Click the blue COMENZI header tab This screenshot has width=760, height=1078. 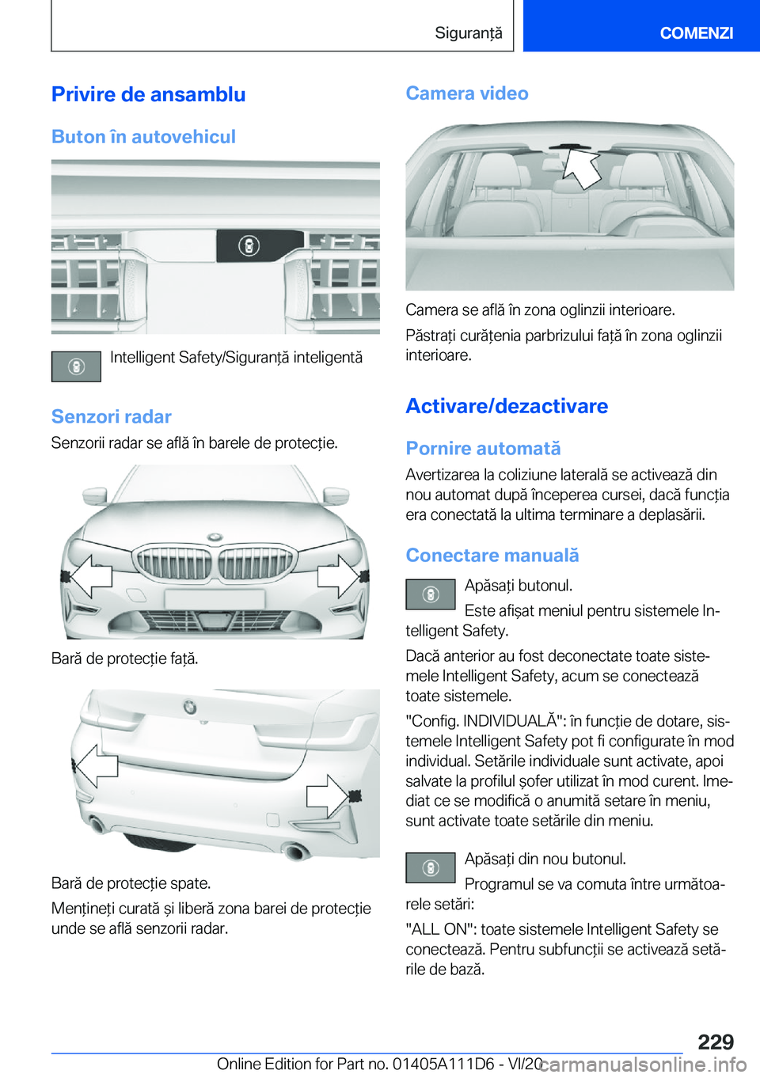696,32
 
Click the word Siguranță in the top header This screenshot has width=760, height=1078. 468,32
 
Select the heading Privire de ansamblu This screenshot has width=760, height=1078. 148,94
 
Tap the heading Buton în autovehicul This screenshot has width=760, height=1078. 143,137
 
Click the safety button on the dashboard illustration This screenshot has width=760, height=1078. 249,246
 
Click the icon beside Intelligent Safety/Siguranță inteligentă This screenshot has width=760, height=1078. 76,366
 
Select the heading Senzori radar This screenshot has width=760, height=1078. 111,416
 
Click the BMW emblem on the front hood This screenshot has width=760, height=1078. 214,537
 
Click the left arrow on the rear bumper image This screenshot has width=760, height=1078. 96,765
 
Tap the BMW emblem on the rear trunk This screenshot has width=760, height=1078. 190,706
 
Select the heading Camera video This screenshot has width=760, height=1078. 467,93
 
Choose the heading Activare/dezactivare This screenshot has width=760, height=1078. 507,406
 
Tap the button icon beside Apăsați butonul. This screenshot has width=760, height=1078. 430,594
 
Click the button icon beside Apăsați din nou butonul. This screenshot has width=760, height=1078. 430,867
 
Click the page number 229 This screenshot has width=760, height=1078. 716,1042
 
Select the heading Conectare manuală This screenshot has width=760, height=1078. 492,556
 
